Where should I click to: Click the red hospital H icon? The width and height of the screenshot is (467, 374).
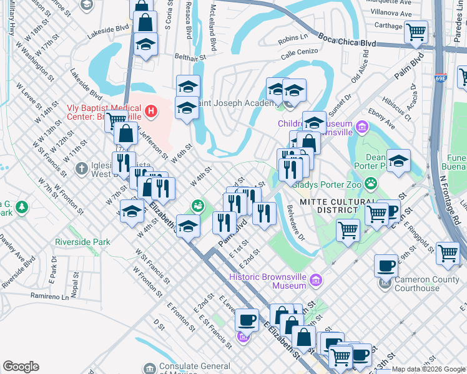point(150,112)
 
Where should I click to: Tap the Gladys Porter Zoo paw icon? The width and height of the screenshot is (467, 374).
point(371,183)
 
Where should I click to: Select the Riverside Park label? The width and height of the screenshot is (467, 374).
point(82,242)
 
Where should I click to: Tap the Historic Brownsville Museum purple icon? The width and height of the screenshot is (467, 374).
point(317,281)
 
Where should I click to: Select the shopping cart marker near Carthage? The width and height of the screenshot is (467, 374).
point(416,31)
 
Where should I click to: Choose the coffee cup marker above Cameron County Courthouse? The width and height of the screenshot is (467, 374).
point(386,266)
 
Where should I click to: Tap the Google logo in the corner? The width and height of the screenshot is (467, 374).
point(21,367)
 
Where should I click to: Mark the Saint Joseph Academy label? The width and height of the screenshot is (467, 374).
point(237,103)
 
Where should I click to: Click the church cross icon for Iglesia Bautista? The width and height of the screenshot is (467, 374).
point(81,168)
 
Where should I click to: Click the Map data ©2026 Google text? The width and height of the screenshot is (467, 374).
point(428,369)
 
